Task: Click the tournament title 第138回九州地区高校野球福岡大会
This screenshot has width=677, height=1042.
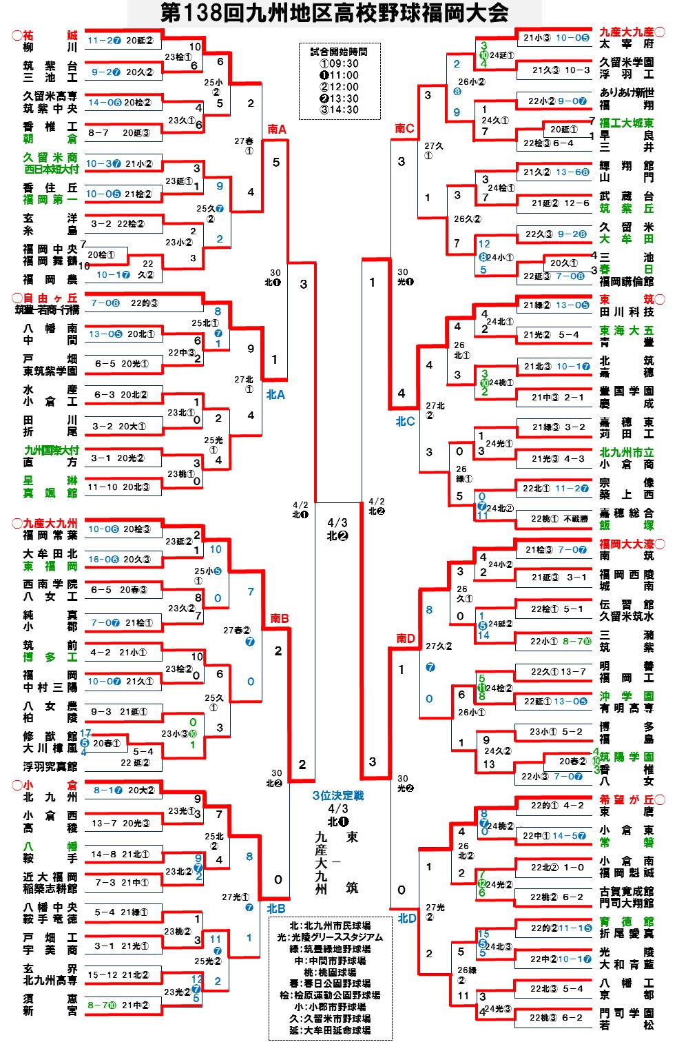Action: [334, 12]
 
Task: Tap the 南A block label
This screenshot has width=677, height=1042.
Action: [277, 129]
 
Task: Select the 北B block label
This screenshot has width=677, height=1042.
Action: [276, 908]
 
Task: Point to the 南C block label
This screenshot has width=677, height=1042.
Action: [404, 128]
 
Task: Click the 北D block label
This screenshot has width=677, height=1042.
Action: [406, 918]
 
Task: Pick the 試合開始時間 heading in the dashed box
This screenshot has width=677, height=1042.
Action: [338, 52]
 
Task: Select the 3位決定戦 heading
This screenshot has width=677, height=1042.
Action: [337, 795]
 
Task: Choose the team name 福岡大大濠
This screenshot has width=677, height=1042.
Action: [626, 544]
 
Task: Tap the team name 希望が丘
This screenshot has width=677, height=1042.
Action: [626, 799]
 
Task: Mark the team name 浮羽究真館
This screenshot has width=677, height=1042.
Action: [50, 766]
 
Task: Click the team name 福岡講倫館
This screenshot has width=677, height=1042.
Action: [626, 281]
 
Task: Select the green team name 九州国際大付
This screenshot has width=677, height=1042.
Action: [51, 450]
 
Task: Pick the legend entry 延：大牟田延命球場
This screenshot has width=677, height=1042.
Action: [331, 1030]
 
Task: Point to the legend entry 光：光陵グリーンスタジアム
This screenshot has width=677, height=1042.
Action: [330, 937]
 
